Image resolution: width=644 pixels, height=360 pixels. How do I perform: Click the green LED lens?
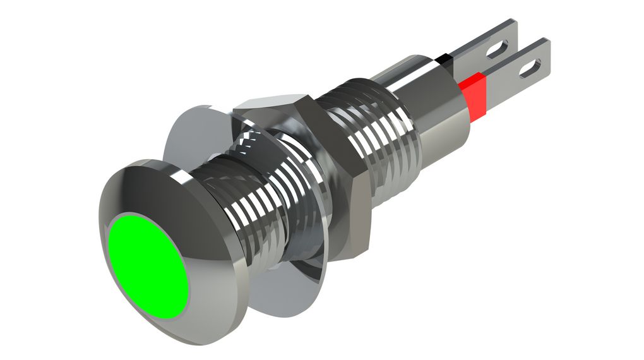(x=148, y=265)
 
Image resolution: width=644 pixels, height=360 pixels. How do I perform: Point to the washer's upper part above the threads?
(x=189, y=136)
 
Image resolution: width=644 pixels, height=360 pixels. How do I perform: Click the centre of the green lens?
(x=148, y=265)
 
